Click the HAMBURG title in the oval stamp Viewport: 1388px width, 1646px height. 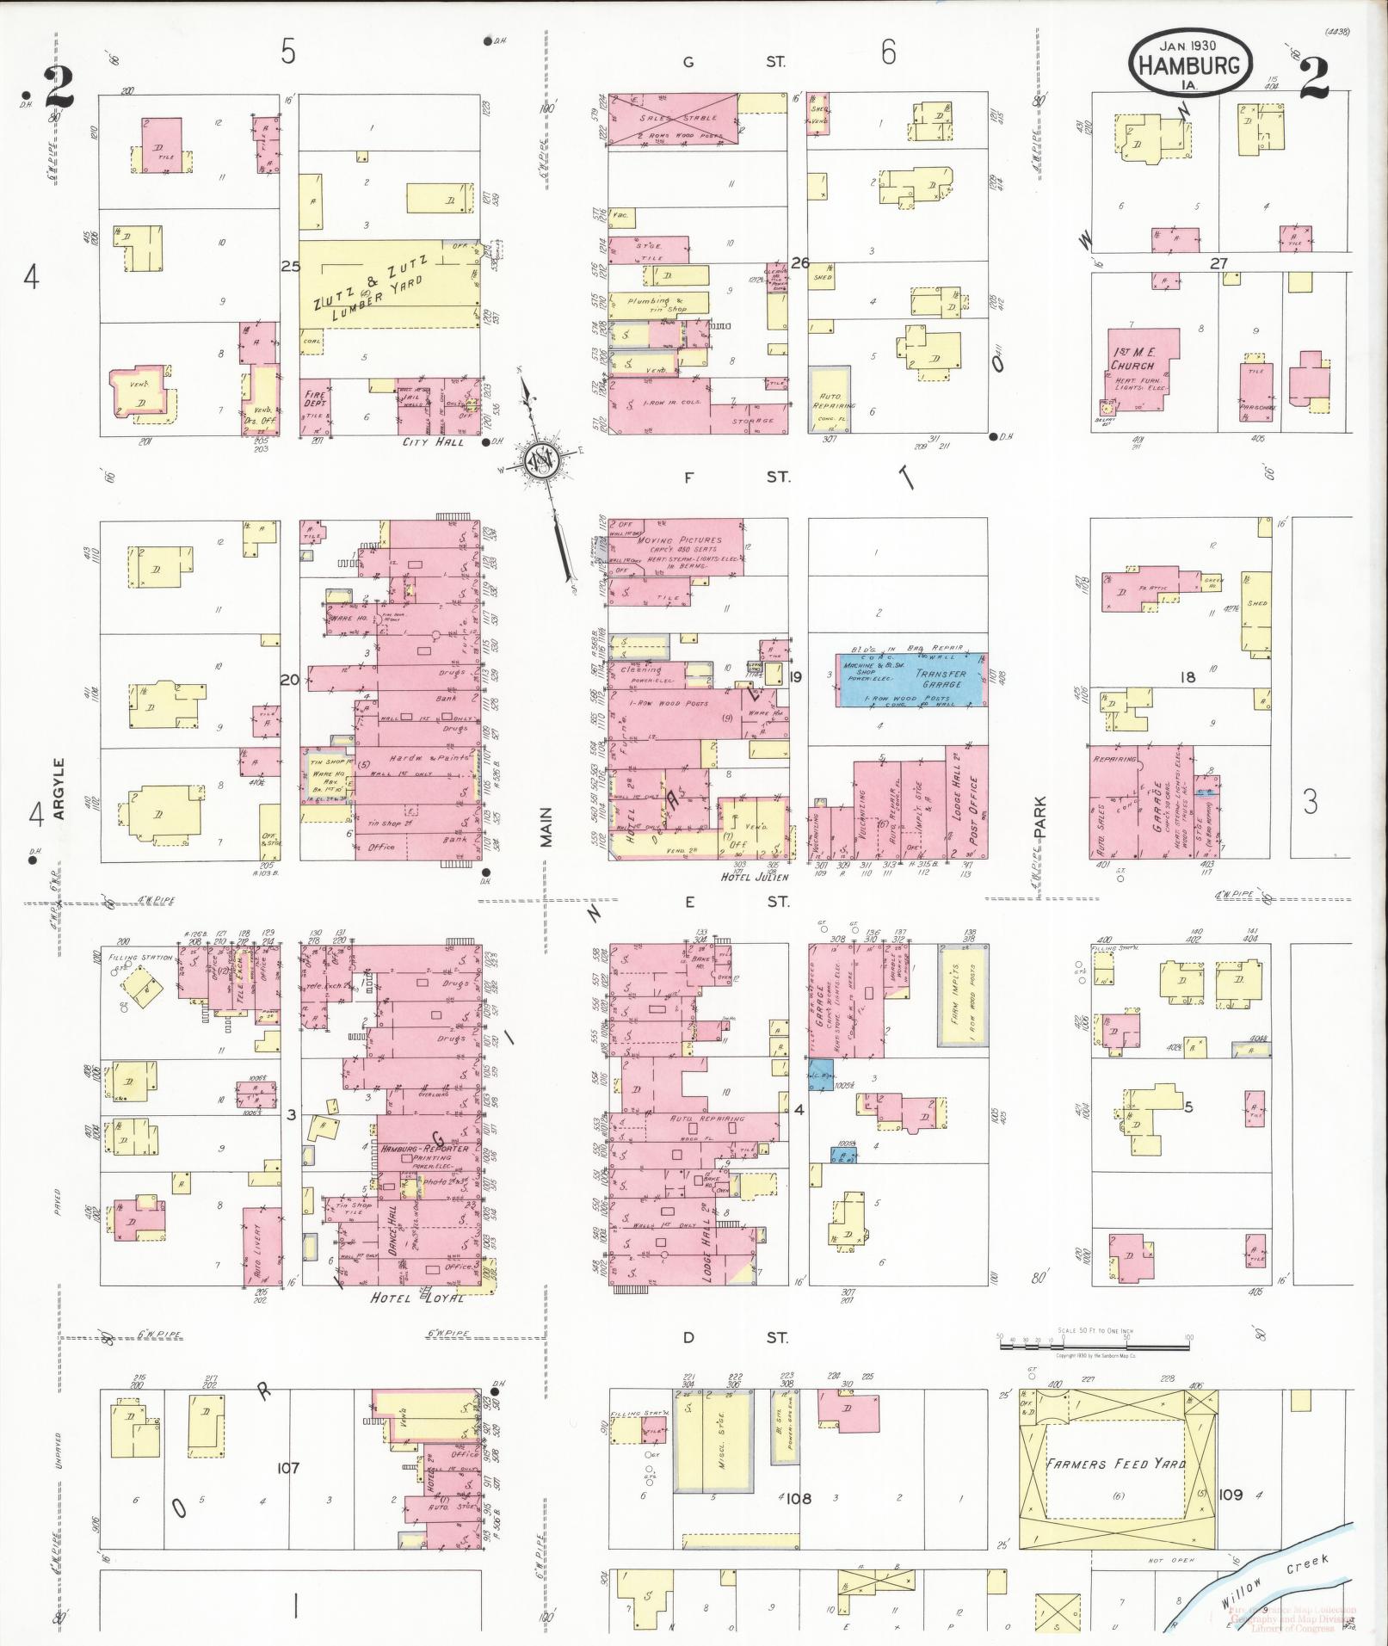(x=1191, y=65)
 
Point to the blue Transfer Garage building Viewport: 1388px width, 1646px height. (x=912, y=680)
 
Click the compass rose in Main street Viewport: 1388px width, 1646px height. (x=545, y=464)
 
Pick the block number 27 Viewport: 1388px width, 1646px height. (x=1218, y=263)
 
